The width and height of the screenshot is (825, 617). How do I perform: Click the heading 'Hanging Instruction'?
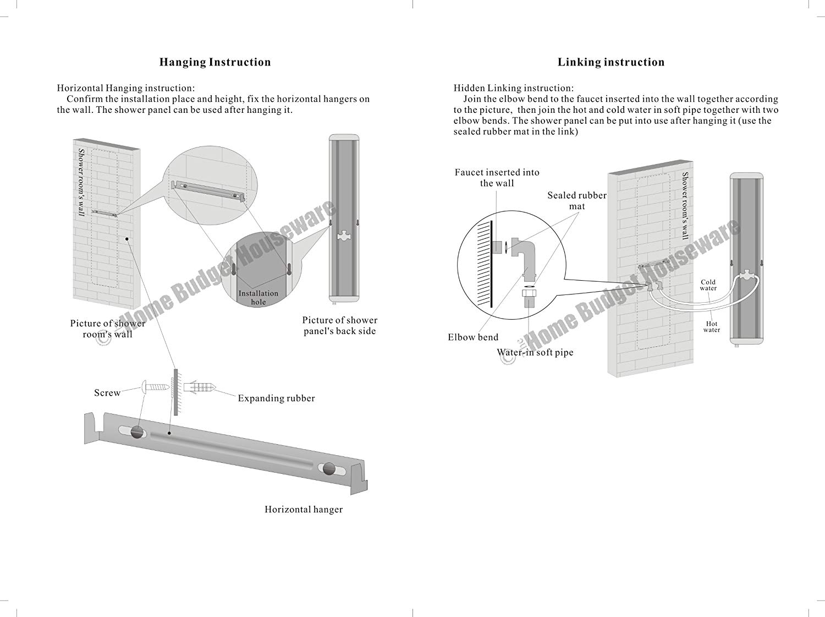coord(215,62)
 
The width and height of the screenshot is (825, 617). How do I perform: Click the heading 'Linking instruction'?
coord(611,62)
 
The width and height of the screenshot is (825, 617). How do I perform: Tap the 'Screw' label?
coord(107,393)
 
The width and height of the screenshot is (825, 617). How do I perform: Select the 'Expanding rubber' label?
coord(276,398)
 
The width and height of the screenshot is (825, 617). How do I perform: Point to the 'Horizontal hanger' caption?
coord(304,510)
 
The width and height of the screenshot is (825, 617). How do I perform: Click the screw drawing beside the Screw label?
coord(156,386)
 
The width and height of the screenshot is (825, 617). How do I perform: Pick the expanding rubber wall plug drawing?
coord(199,387)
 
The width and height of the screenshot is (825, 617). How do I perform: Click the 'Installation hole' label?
coord(258,298)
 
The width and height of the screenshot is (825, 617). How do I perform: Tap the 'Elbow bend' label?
coord(473,337)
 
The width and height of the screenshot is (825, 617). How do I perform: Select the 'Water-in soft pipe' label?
coord(535,353)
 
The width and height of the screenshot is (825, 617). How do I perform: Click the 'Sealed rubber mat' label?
coord(577,201)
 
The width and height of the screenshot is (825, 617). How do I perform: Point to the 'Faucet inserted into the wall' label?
coord(497,178)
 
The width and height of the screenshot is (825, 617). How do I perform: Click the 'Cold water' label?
coord(708,285)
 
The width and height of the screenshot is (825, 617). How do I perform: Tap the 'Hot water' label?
coord(712,327)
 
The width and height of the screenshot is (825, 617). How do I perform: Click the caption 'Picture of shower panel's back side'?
coord(340,326)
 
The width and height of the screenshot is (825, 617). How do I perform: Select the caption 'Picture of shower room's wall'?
coord(108,329)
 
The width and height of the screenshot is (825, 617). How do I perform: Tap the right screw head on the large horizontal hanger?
coord(328,469)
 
